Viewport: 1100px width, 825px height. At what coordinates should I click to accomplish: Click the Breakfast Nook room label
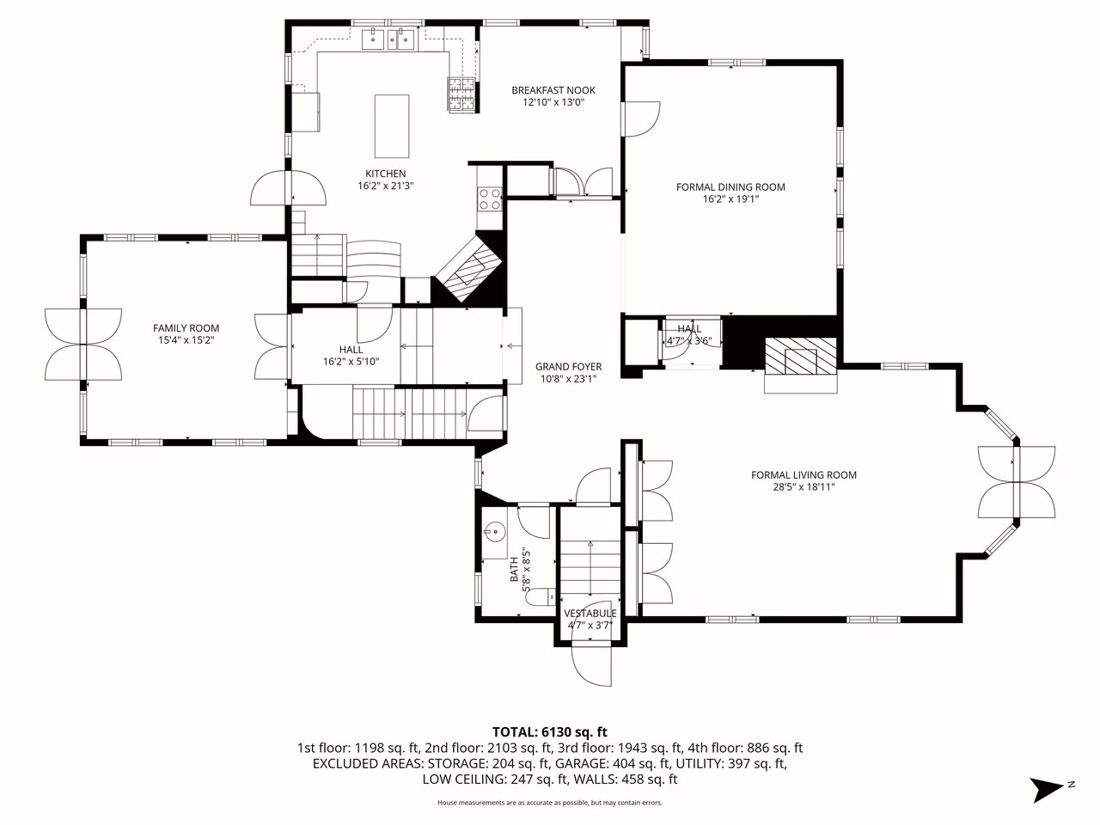point(553,90)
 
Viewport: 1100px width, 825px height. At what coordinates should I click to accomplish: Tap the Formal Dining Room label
point(730,186)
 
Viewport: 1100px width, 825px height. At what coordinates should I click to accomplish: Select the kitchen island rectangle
point(392,126)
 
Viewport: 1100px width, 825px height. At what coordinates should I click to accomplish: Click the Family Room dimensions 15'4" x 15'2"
point(186,340)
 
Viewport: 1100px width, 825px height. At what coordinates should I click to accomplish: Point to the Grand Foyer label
point(568,367)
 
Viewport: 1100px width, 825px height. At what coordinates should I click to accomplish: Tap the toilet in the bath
point(539,596)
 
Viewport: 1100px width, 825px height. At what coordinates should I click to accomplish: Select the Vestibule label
point(590,613)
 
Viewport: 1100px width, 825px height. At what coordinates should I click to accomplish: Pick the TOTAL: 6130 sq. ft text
point(550,732)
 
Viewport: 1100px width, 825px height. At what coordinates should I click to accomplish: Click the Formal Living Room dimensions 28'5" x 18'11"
point(804,487)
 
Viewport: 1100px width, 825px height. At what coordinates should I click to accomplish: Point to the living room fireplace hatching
point(801,356)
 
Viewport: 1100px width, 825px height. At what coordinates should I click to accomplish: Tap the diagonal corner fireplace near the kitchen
point(468,268)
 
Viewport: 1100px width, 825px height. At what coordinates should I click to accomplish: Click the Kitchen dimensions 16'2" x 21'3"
point(385,186)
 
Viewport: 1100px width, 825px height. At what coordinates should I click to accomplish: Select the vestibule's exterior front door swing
point(591,666)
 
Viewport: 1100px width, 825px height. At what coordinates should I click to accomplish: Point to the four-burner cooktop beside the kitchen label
point(490,199)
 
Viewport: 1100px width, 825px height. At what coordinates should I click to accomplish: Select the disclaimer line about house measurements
point(550,803)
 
